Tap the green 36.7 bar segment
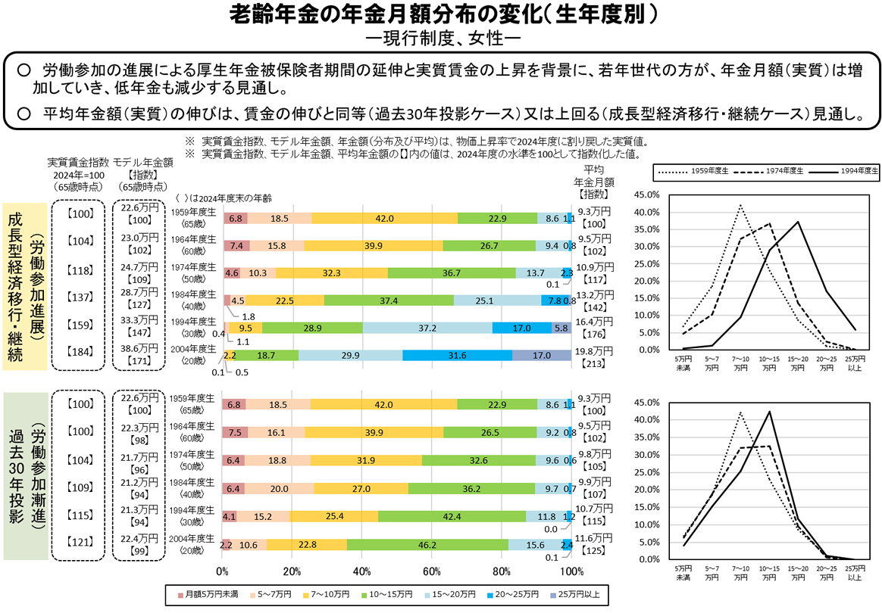(452, 272)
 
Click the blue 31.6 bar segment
(457, 355)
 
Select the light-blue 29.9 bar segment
(350, 355)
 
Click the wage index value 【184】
(80, 351)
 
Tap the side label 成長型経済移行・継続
(15, 286)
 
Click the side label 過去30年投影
(15, 475)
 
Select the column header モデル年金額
(143, 162)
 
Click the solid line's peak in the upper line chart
(797, 222)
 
